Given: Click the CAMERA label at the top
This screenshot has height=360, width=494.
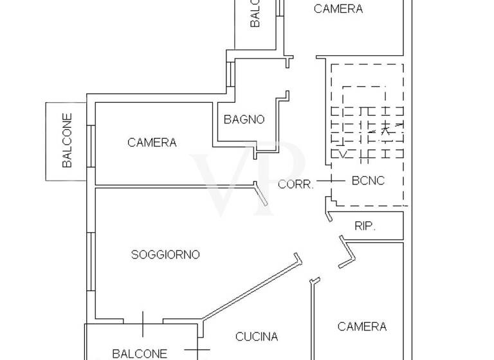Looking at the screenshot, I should coord(338,9).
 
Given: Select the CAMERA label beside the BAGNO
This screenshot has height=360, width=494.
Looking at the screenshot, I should coord(152,143).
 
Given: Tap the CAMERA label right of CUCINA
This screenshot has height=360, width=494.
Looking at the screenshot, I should coord(362,327).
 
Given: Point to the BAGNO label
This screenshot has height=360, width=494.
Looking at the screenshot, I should coord(244,120).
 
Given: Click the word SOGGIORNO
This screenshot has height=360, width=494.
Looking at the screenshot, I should coord(165,255).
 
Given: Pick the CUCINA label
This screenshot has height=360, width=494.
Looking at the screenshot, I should coord(257,337).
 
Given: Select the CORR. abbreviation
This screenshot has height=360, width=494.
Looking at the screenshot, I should coord(296,184).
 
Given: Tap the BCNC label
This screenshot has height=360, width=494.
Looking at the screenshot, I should coord(368,181).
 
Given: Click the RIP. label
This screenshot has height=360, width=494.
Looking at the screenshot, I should coord(365,226).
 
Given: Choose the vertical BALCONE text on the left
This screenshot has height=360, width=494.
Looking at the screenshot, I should coord(67,141).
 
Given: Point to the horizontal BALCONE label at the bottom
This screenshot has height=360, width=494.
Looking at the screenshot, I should coord(140,353).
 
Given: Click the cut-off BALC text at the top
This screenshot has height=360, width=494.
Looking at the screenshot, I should coord(255,13).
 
